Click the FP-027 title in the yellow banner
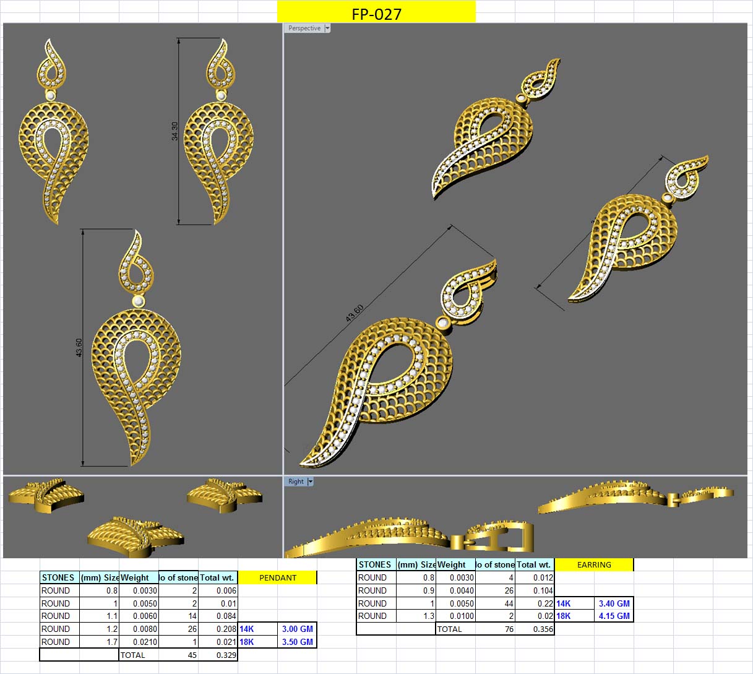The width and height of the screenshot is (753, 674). click(376, 14)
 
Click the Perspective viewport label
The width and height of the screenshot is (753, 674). click(304, 28)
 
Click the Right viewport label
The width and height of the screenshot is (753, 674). click(296, 482)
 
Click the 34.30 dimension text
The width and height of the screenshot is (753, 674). click(174, 131)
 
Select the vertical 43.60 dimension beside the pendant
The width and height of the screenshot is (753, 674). click(79, 347)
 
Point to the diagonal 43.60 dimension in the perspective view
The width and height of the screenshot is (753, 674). click(355, 313)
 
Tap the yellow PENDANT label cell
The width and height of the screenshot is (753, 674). click(277, 577)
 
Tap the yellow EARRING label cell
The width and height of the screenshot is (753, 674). click(594, 564)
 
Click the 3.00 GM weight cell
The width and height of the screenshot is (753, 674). click(297, 629)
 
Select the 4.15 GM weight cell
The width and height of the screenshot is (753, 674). click(614, 616)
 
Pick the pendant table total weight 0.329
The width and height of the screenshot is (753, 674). click(226, 655)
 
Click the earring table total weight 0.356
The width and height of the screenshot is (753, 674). click(543, 629)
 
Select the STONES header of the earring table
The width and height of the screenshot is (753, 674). click(374, 564)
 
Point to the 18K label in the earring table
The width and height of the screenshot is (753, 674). click(563, 616)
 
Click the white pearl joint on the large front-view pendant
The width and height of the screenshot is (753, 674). click(138, 301)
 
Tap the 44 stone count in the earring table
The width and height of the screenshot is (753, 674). click(508, 603)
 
